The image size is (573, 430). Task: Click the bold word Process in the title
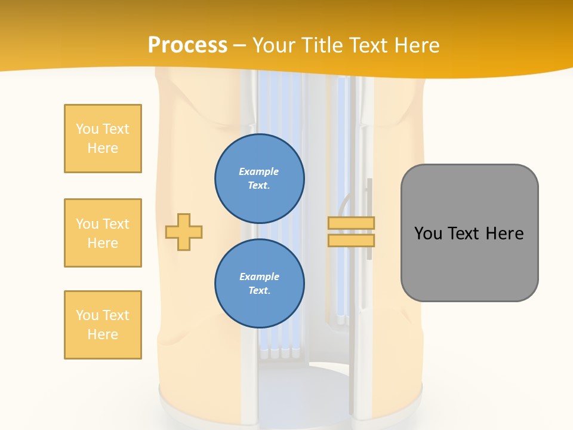point(187,45)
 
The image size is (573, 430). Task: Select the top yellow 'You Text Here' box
point(103,139)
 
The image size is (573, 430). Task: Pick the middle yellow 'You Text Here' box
point(103,233)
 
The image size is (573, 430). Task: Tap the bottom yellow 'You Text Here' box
point(103,325)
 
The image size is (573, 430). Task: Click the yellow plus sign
point(184,232)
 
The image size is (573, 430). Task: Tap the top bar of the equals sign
point(351,223)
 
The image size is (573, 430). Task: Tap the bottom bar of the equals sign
point(351,240)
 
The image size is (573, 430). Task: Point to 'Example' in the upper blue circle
point(259,171)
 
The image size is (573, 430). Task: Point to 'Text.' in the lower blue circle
point(259,291)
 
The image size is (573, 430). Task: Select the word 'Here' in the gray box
point(505,234)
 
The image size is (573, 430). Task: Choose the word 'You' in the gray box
point(428,234)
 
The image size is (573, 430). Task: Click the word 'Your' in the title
point(273,45)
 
